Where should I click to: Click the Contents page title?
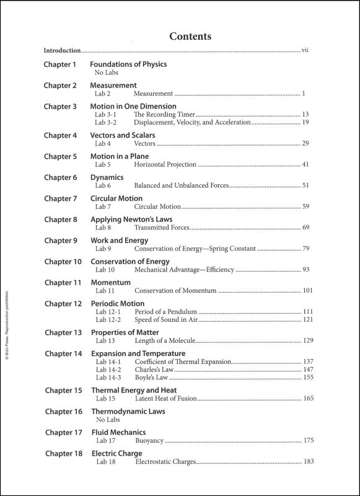[190, 37]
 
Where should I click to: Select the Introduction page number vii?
[305, 50]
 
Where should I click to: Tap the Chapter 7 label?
[60, 198]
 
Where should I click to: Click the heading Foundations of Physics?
[128, 64]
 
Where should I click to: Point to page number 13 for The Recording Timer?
[305, 114]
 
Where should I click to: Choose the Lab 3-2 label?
[105, 122]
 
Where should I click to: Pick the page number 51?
[305, 185]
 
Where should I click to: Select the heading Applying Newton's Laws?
[131, 219]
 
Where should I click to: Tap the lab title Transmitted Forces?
[162, 228]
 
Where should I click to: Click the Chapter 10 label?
[63, 262]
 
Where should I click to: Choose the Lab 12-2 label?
[108, 319]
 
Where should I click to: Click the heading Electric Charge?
[116, 454]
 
